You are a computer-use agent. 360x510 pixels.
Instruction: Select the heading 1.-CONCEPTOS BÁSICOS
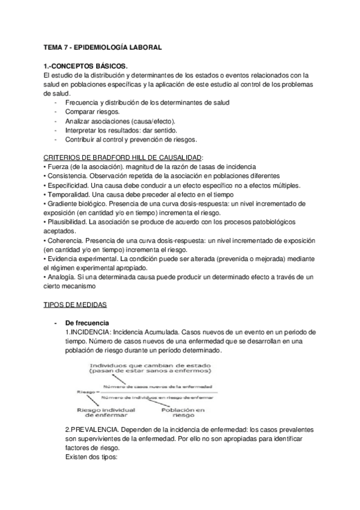pos(86,66)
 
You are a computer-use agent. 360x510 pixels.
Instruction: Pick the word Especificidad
pos(69,185)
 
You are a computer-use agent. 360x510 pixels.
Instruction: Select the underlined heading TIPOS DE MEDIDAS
pos(76,305)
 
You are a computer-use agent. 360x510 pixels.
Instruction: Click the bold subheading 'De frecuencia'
pos(87,323)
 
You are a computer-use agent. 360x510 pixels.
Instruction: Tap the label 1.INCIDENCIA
pos(88,332)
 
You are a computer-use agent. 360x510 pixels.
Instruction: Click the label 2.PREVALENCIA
pos(91,431)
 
